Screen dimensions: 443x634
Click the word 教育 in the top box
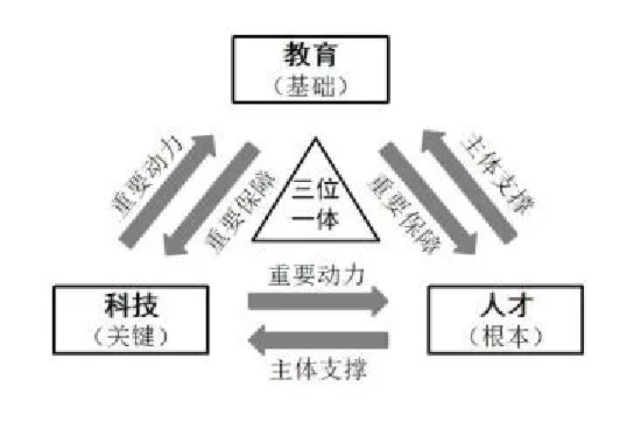(310, 56)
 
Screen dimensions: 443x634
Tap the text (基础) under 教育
(310, 84)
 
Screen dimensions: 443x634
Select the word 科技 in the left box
(130, 306)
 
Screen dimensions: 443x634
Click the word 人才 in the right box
(505, 306)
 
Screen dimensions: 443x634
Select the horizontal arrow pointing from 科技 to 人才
(317, 301)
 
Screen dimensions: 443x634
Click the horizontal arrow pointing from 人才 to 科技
(317, 340)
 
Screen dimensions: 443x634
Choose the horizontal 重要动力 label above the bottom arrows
(316, 275)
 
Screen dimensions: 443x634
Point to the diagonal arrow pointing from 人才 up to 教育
(468, 185)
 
